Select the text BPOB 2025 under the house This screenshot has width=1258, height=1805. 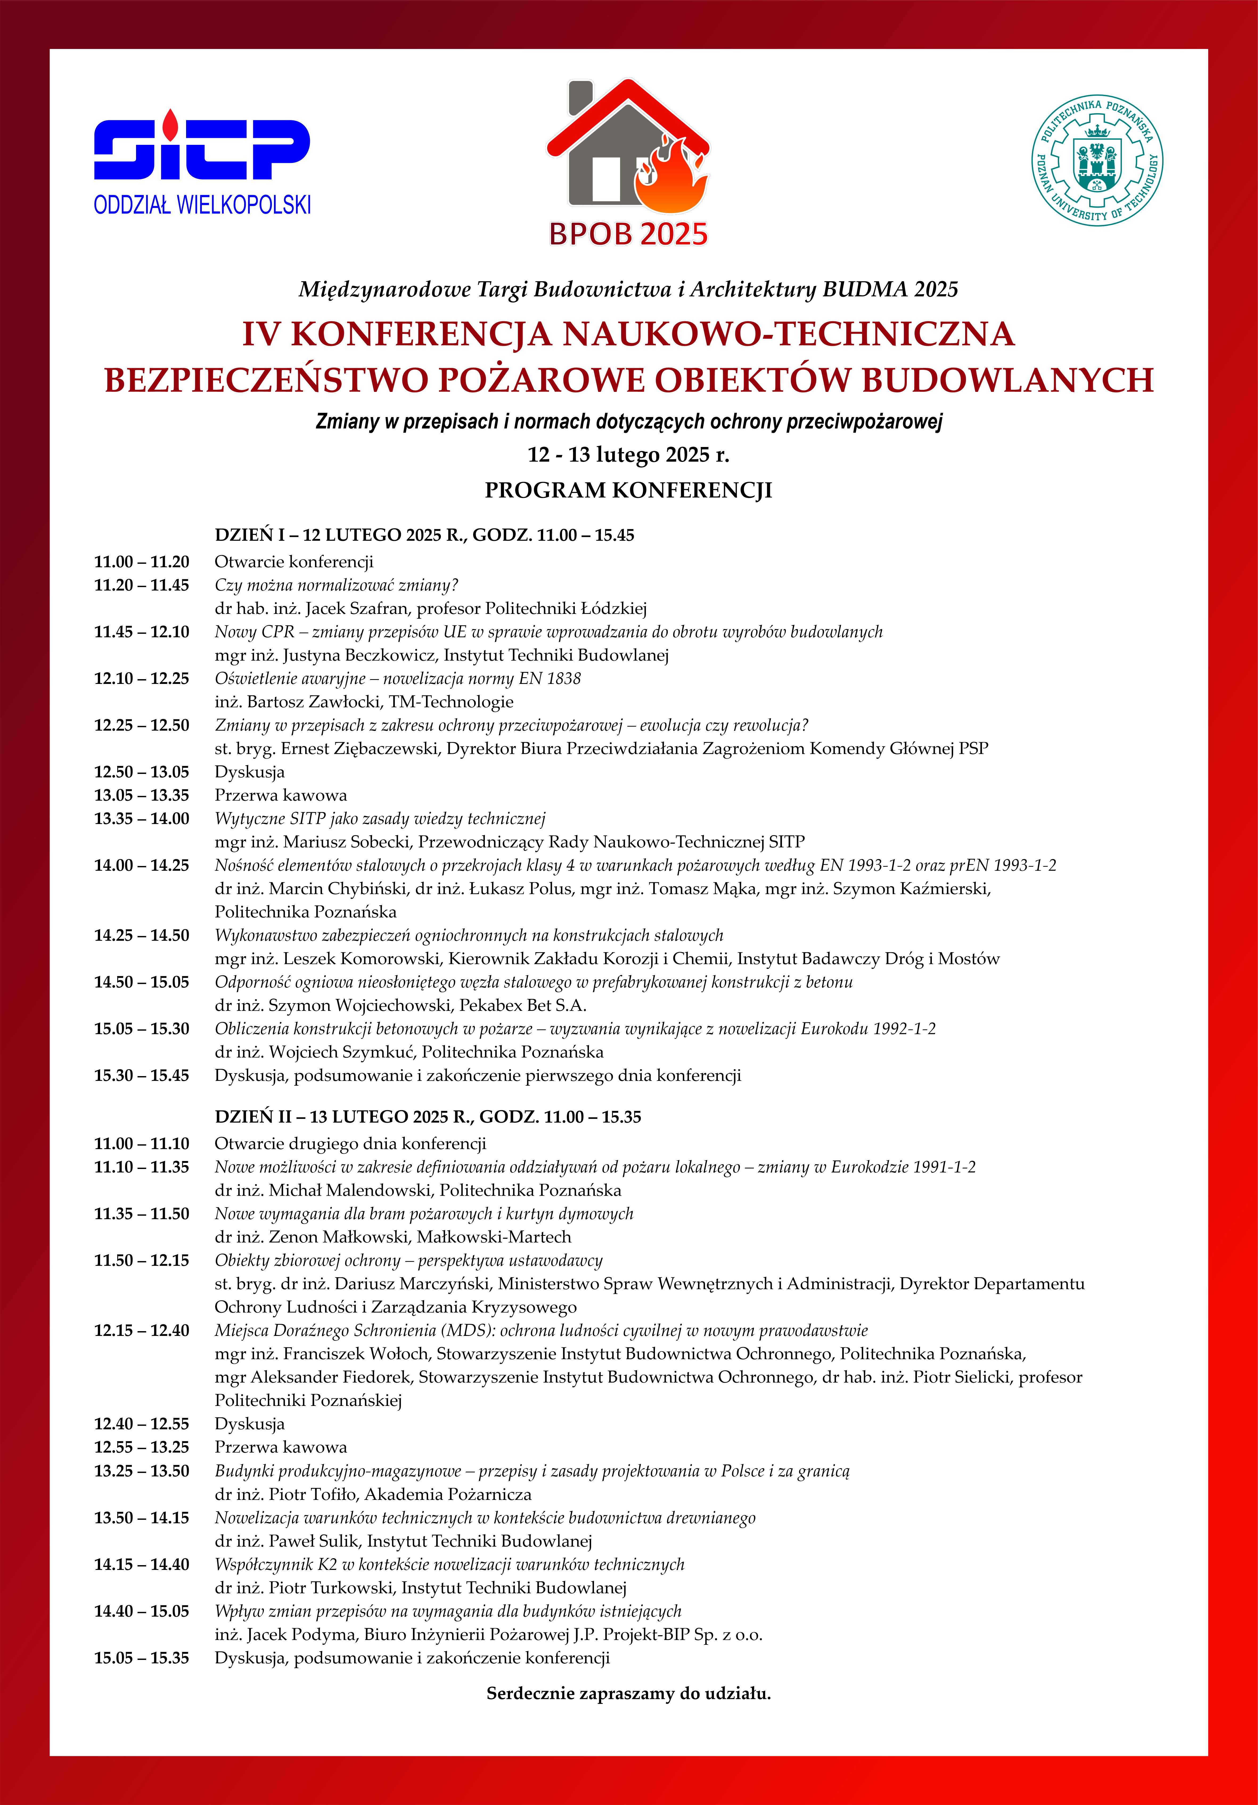tap(628, 234)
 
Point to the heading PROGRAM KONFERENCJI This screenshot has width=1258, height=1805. tap(628, 491)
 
